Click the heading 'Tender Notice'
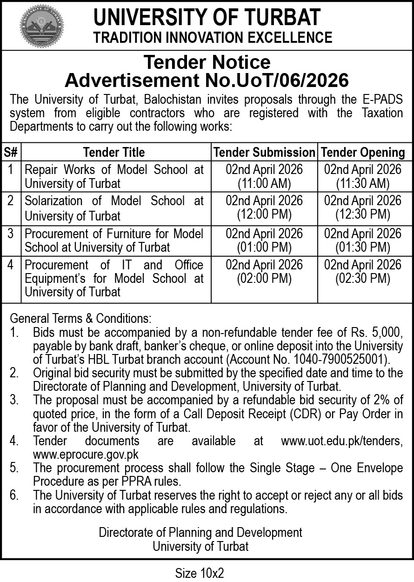tap(207, 62)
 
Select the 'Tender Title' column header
tap(114, 152)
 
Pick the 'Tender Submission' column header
tap(264, 152)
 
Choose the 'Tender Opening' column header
tap(363, 152)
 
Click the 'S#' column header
tap(11, 152)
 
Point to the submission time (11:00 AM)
tap(264, 183)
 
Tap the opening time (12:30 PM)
tap(363, 214)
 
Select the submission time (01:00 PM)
tap(264, 247)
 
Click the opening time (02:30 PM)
tap(363, 278)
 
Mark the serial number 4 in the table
tap(11, 265)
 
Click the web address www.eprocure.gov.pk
tap(86, 454)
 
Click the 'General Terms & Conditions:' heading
tap(80, 319)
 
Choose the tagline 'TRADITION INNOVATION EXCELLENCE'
tap(213, 37)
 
